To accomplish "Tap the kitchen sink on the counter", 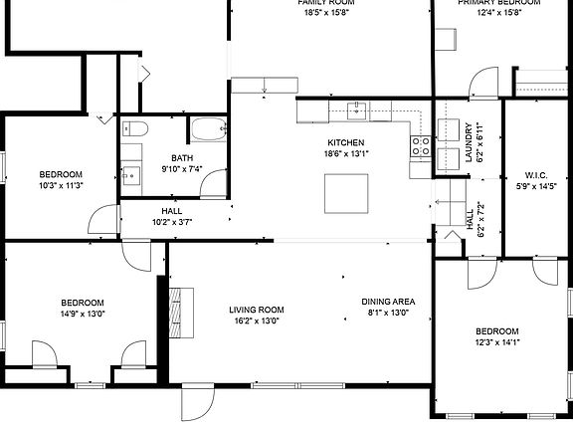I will [357, 109].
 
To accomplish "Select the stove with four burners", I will [421, 148].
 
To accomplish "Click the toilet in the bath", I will [135, 127].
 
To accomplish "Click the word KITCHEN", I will [345, 142].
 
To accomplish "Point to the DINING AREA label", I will [388, 303].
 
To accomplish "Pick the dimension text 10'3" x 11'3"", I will [60, 185].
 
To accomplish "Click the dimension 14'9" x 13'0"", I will [82, 314].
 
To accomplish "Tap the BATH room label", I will [182, 158].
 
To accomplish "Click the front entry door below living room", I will [197, 402].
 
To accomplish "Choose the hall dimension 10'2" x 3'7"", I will [171, 222].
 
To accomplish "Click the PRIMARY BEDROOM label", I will [498, 3].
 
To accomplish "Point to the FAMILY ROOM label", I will [326, 3].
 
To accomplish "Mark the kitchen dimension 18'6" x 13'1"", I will [345, 153].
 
